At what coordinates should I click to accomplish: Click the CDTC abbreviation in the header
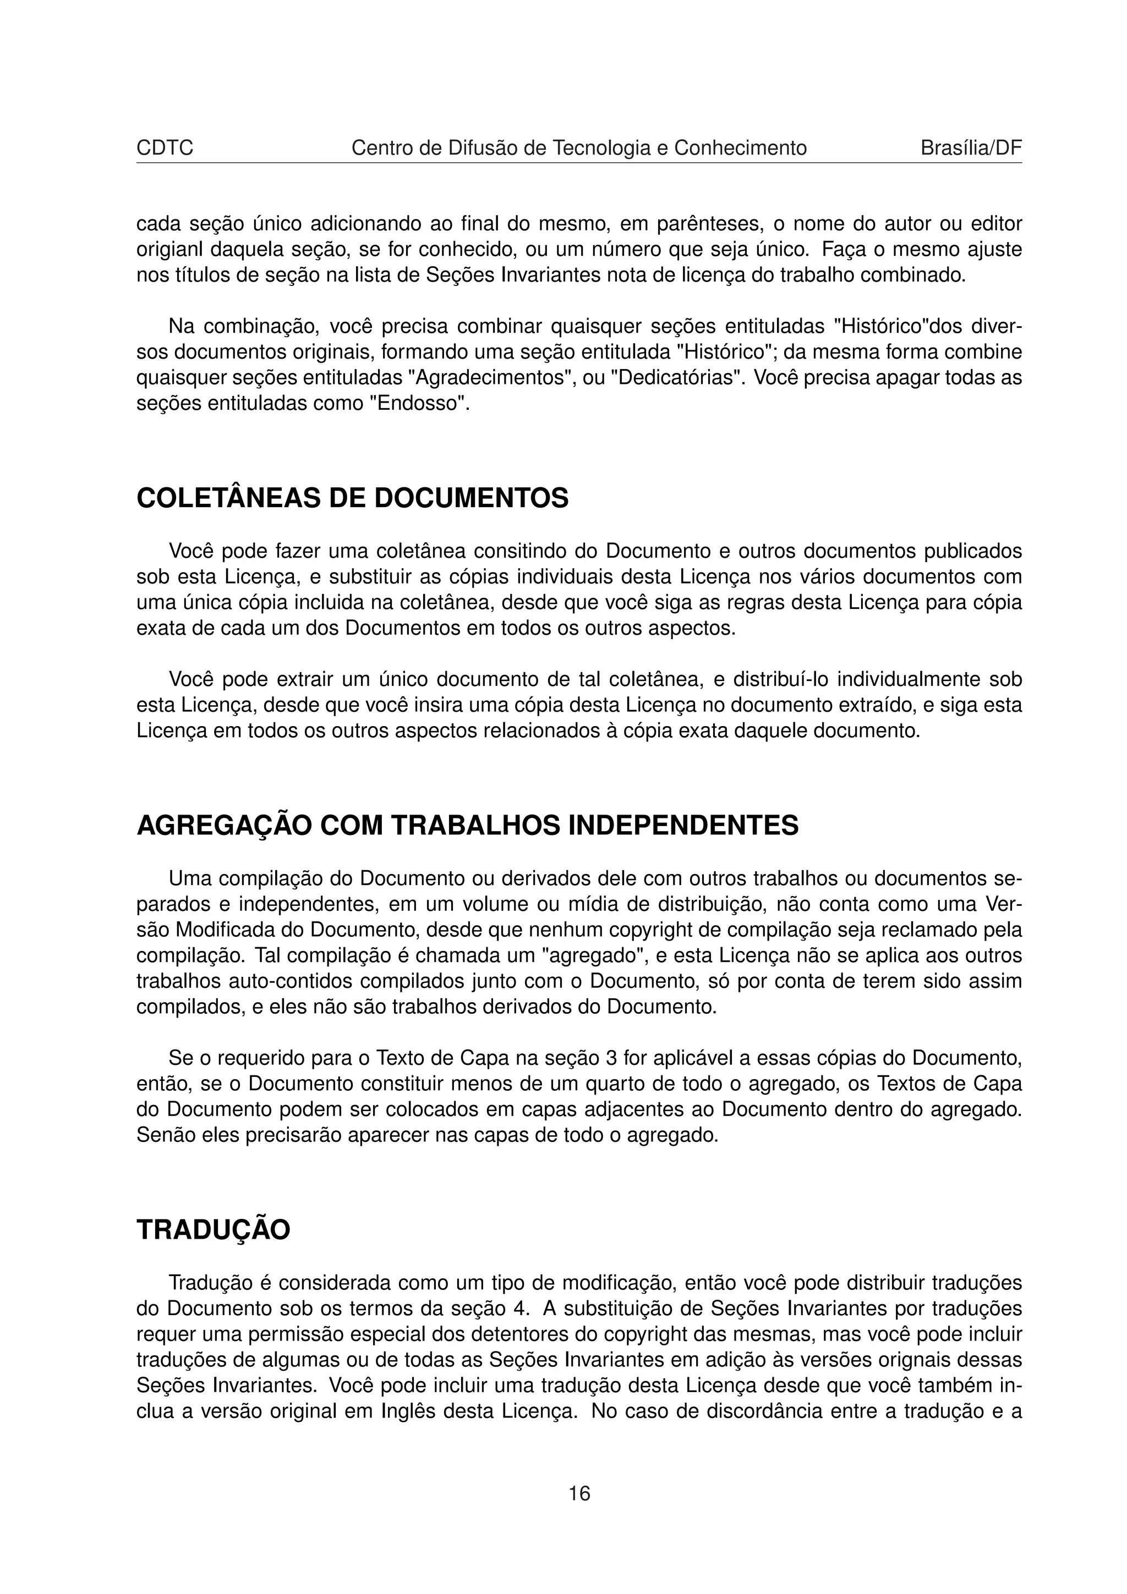point(165,148)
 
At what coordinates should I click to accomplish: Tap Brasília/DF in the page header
point(971,148)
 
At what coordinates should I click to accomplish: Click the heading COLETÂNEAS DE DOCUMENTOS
point(352,498)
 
